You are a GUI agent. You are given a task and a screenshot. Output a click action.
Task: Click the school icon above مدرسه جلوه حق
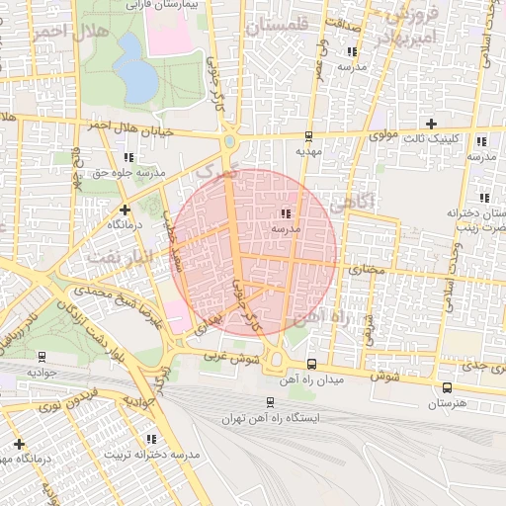pyautogui.click(x=128, y=157)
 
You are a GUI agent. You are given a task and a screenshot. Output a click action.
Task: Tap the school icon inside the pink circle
pyautogui.click(x=286, y=213)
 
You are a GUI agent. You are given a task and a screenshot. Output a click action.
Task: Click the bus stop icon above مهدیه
pyautogui.click(x=308, y=136)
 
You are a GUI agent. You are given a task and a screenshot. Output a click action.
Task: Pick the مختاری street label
pyautogui.click(x=367, y=267)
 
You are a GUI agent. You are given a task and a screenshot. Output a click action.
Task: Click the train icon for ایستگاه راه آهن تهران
pyautogui.click(x=270, y=402)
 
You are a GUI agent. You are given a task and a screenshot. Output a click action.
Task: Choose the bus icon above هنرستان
pyautogui.click(x=448, y=387)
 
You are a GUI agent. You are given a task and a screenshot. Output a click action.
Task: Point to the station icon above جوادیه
pyautogui.click(x=42, y=357)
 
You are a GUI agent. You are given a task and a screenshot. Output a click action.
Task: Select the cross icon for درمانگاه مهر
pyautogui.click(x=19, y=444)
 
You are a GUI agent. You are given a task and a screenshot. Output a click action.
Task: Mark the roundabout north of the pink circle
pyautogui.click(x=229, y=141)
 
